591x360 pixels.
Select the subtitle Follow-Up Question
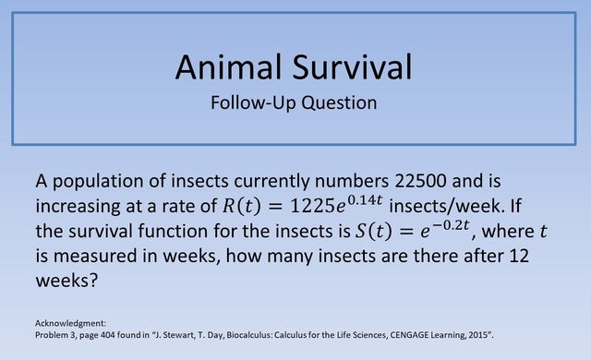[295, 102]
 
